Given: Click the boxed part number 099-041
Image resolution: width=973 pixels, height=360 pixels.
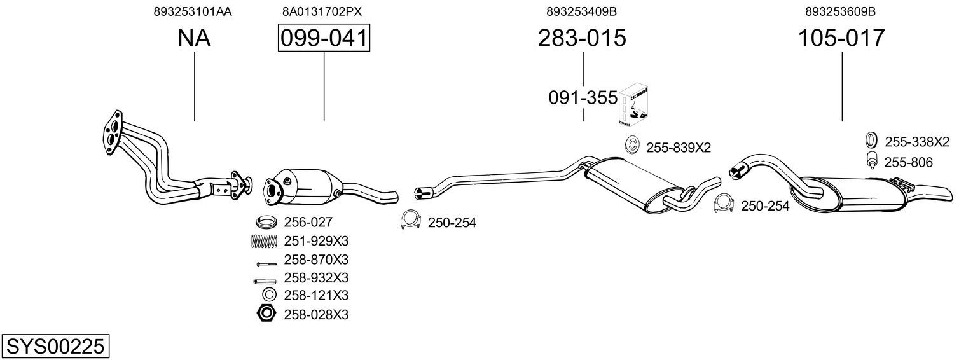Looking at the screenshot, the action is point(324,38).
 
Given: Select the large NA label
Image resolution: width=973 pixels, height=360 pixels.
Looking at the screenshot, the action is point(194,38).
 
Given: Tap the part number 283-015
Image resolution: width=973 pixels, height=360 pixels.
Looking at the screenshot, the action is point(582,38).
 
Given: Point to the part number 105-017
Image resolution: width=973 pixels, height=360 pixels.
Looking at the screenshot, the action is point(841,38).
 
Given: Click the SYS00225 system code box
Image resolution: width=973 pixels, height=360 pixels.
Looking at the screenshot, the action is point(55,346).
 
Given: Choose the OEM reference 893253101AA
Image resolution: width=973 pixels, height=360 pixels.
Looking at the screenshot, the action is point(193,11).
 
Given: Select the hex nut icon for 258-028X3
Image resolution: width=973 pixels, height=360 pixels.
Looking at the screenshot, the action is point(266,314).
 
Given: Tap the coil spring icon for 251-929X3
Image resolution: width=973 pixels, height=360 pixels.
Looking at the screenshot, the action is point(264,241).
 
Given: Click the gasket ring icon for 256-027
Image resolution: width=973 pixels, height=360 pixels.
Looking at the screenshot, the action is point(266,222).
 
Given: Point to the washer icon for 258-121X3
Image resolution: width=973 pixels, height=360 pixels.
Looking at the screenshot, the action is point(269,295).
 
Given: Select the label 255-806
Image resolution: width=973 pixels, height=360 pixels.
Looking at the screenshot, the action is point(908,162).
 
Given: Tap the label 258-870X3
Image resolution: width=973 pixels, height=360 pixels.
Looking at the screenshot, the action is point(316,260).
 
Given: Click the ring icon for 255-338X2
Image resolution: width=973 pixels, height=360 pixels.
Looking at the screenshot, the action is point(871,140).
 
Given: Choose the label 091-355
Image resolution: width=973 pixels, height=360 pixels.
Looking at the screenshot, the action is point(583,98).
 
